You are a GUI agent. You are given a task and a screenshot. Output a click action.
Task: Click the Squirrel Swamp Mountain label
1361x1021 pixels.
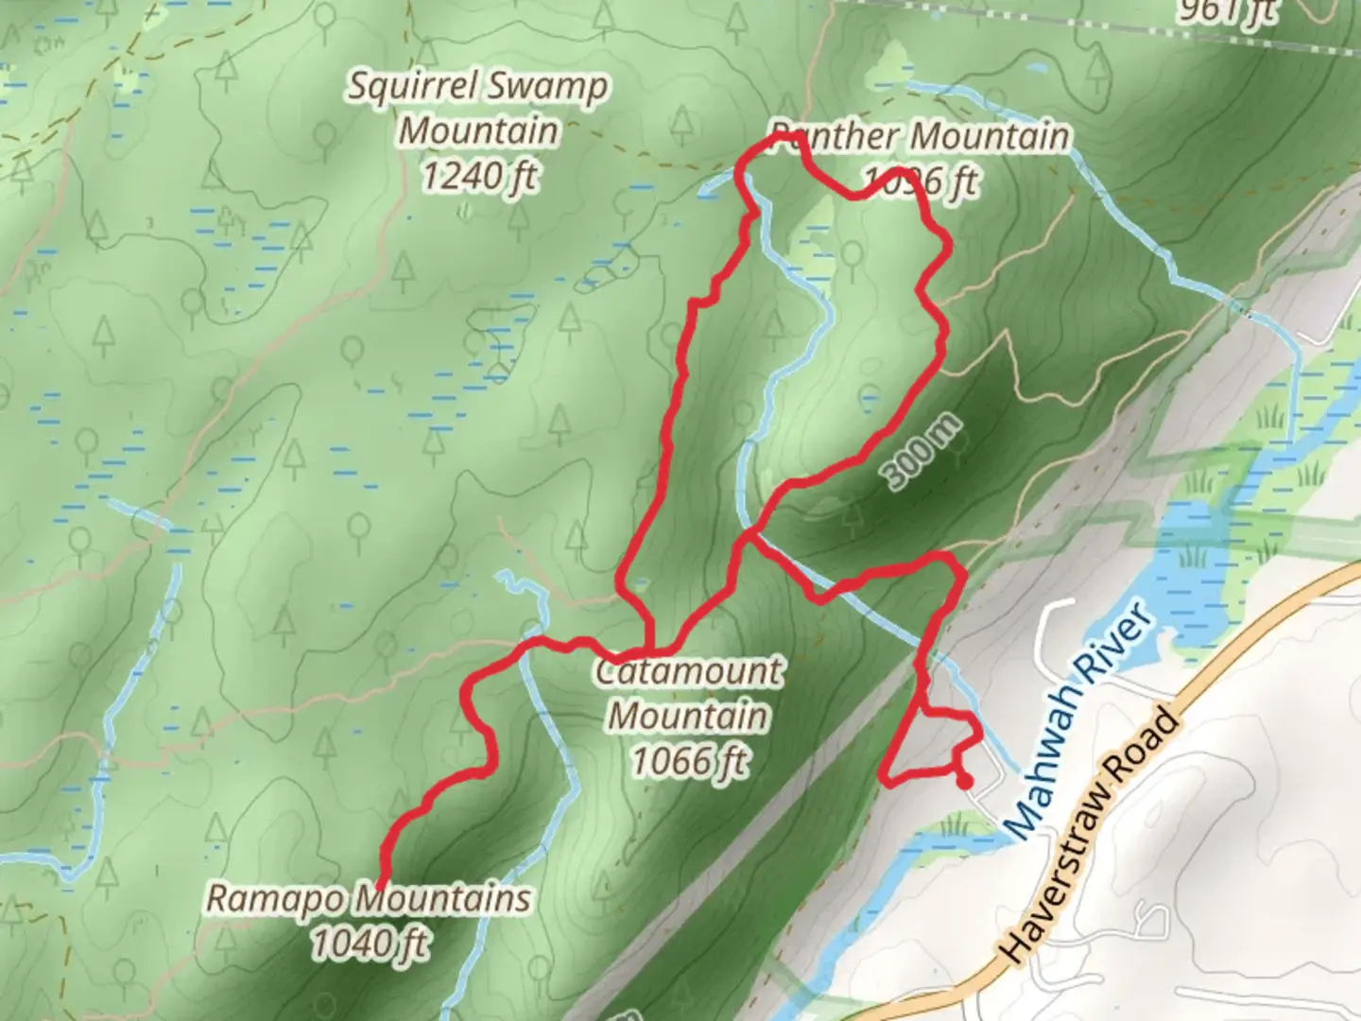[x=478, y=108]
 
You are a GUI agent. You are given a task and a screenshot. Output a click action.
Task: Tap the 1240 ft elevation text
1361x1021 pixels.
[x=480, y=176]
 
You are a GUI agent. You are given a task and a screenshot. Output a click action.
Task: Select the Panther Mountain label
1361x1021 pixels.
[x=920, y=137]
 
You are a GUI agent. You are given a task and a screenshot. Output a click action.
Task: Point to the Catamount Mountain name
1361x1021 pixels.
[x=689, y=693]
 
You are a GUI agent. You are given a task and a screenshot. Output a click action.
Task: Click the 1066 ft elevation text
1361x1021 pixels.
[x=689, y=760]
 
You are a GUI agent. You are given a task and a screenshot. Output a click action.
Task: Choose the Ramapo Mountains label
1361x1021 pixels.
[x=369, y=898]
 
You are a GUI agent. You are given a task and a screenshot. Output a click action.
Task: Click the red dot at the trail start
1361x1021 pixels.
[x=964, y=782]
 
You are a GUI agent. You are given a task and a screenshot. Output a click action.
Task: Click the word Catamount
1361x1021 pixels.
[x=689, y=671]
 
